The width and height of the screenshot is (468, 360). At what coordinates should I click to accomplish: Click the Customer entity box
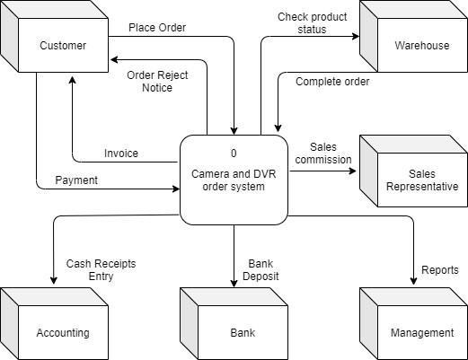click(x=62, y=45)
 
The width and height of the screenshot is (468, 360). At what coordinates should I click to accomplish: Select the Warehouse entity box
click(x=421, y=45)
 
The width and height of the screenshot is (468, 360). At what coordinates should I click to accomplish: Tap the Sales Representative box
click(x=421, y=180)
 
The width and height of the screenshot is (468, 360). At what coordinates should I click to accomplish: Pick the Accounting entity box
click(x=62, y=332)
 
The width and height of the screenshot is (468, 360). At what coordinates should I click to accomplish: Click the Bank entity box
click(x=242, y=332)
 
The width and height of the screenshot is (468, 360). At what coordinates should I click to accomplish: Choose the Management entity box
click(x=421, y=332)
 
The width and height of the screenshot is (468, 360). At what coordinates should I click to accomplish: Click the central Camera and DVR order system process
click(x=234, y=180)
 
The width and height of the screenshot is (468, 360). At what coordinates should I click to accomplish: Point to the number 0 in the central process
click(x=234, y=154)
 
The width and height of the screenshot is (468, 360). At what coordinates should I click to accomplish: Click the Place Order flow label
click(x=157, y=28)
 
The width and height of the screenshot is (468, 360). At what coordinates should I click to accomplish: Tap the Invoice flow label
click(x=121, y=154)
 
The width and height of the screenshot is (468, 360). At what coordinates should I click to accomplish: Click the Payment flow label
click(x=76, y=180)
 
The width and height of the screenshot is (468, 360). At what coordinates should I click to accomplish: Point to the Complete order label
click(x=331, y=82)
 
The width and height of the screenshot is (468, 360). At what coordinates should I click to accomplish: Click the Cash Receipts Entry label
click(x=90, y=270)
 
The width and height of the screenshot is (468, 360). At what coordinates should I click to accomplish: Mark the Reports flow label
click(x=439, y=270)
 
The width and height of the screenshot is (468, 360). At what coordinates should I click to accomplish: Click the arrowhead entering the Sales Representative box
click(x=355, y=171)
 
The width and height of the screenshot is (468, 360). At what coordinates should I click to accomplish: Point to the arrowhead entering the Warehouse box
click(x=355, y=37)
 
